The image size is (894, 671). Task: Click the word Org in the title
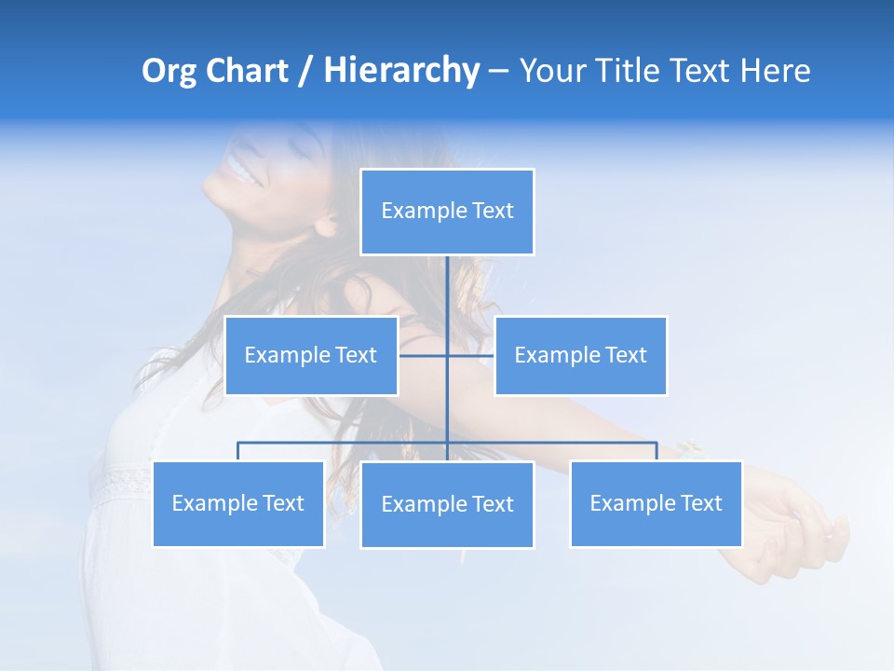(170, 71)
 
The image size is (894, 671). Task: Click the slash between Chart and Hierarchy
(305, 72)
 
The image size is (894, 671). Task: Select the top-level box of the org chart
(447, 212)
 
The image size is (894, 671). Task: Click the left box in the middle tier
(311, 356)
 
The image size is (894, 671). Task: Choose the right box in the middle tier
(580, 356)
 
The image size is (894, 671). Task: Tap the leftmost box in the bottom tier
(237, 504)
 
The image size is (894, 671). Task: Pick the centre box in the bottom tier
(447, 505)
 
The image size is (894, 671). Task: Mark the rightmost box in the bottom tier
(656, 504)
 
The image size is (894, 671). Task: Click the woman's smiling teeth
(238, 171)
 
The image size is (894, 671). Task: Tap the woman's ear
(327, 224)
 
